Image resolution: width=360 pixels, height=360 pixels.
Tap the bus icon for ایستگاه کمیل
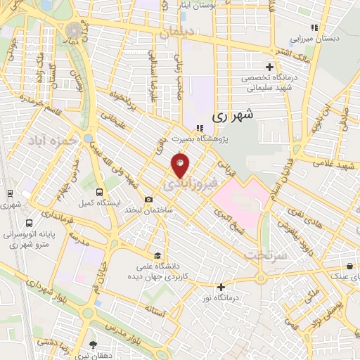click(99, 192)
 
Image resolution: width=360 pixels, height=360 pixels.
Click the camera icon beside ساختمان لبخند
click(148, 200)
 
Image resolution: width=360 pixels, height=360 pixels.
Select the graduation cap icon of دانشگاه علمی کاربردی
click(159, 255)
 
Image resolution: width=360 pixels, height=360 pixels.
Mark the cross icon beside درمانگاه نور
click(221, 287)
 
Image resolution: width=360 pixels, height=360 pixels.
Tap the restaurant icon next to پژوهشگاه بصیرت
click(200, 128)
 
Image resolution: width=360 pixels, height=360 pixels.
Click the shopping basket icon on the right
click(349, 266)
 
